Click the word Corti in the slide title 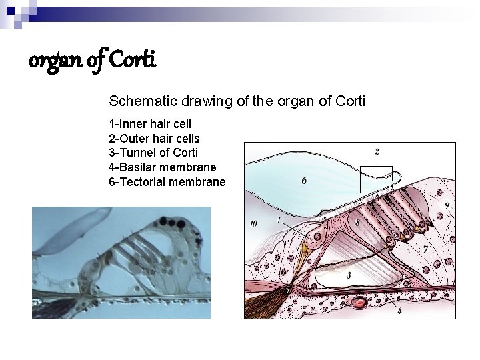pos(131,61)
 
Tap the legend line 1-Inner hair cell pos(150,124)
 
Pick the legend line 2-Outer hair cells pos(154,138)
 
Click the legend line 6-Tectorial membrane pos(167,181)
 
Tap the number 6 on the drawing pos(304,181)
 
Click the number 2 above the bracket pos(377,152)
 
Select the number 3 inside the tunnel pos(349,275)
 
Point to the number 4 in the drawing pos(399,311)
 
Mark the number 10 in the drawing pos(253,224)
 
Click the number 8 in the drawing pos(358,222)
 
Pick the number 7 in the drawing pos(425,249)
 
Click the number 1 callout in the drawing pos(278,219)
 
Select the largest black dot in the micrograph pos(179,223)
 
